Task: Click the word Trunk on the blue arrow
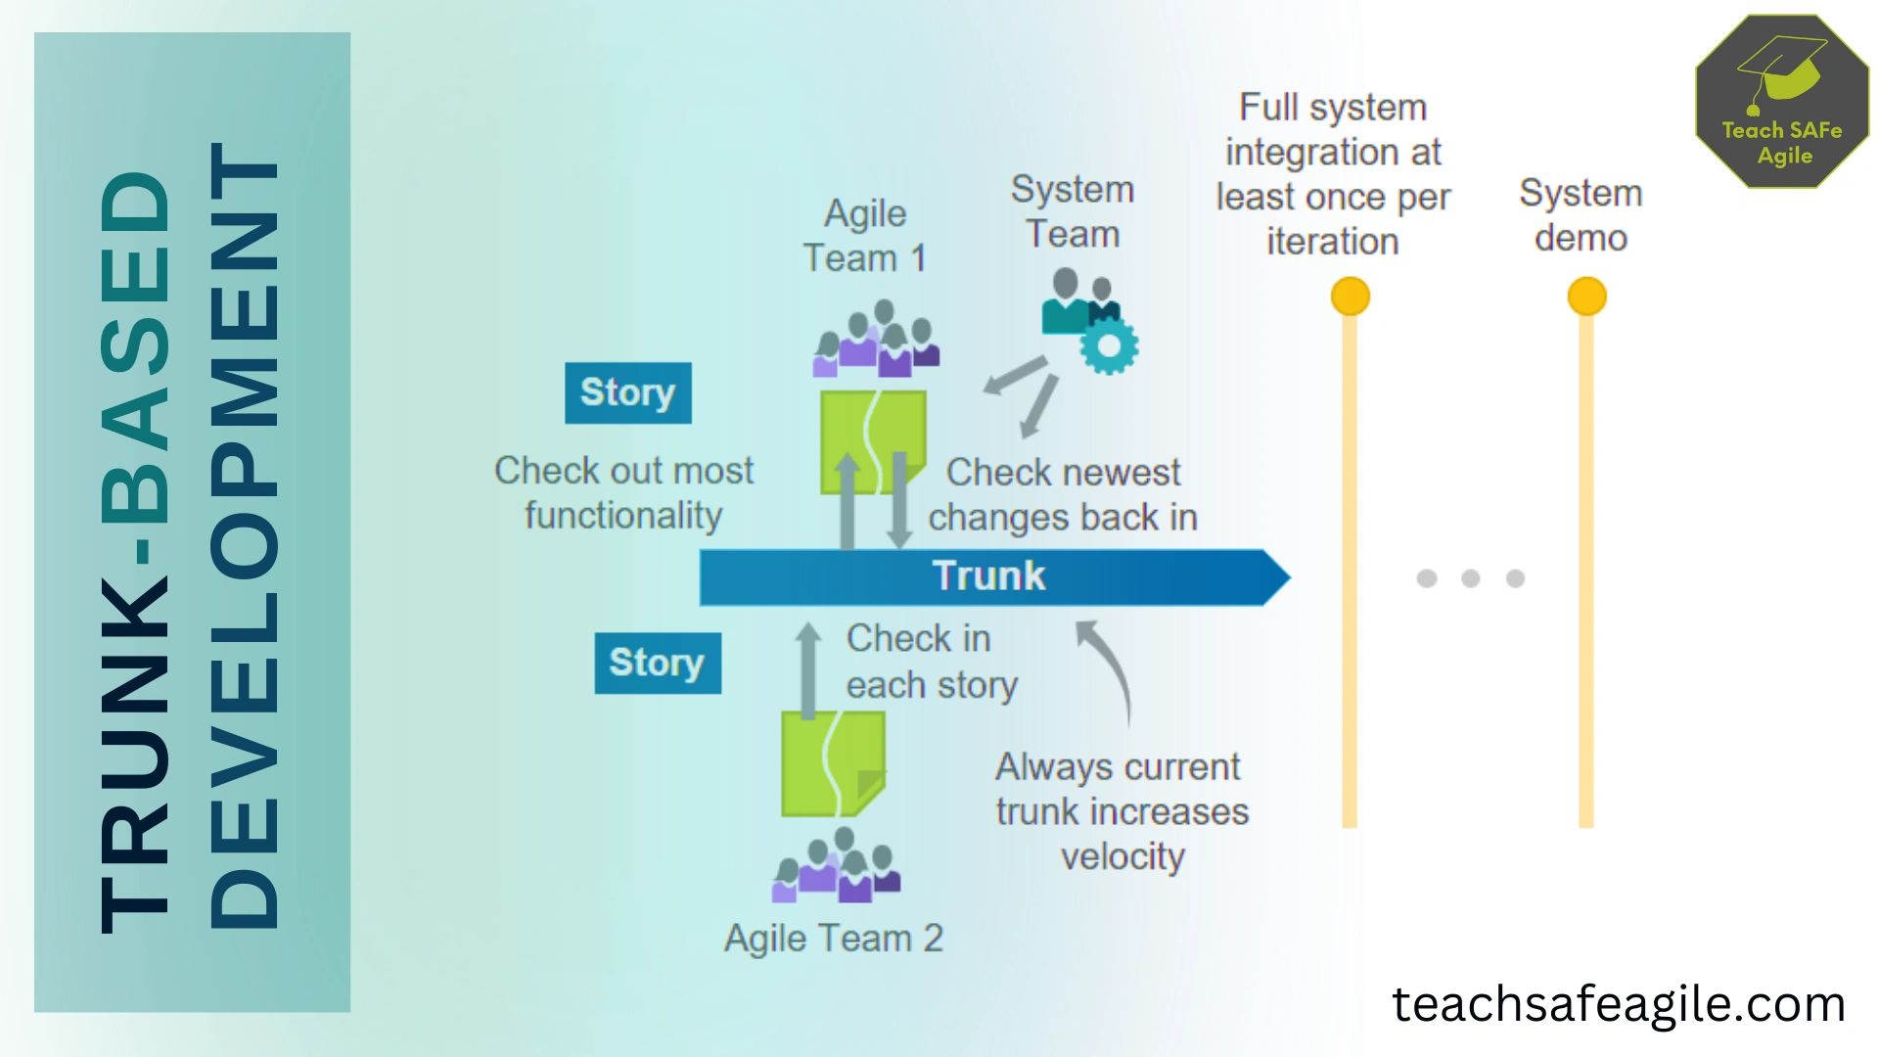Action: pyautogui.click(x=988, y=576)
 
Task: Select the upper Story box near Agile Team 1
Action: pyautogui.click(x=627, y=392)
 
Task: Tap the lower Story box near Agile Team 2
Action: pyautogui.click(x=658, y=663)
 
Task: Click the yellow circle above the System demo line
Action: pyautogui.click(x=1586, y=297)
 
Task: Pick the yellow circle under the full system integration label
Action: pyautogui.click(x=1350, y=297)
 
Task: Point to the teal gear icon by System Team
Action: pyautogui.click(x=1109, y=345)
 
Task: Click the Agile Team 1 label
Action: pyautogui.click(x=865, y=236)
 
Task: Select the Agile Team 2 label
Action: pyautogui.click(x=833, y=938)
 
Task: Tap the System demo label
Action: pyautogui.click(x=1581, y=215)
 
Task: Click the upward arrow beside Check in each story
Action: pyautogui.click(x=808, y=670)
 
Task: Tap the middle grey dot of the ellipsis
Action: pyautogui.click(x=1470, y=578)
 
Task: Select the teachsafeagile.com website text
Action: pyautogui.click(x=1618, y=1005)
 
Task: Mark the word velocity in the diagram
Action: pyautogui.click(x=1123, y=856)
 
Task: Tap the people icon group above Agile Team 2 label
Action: pyautogui.click(x=837, y=866)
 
